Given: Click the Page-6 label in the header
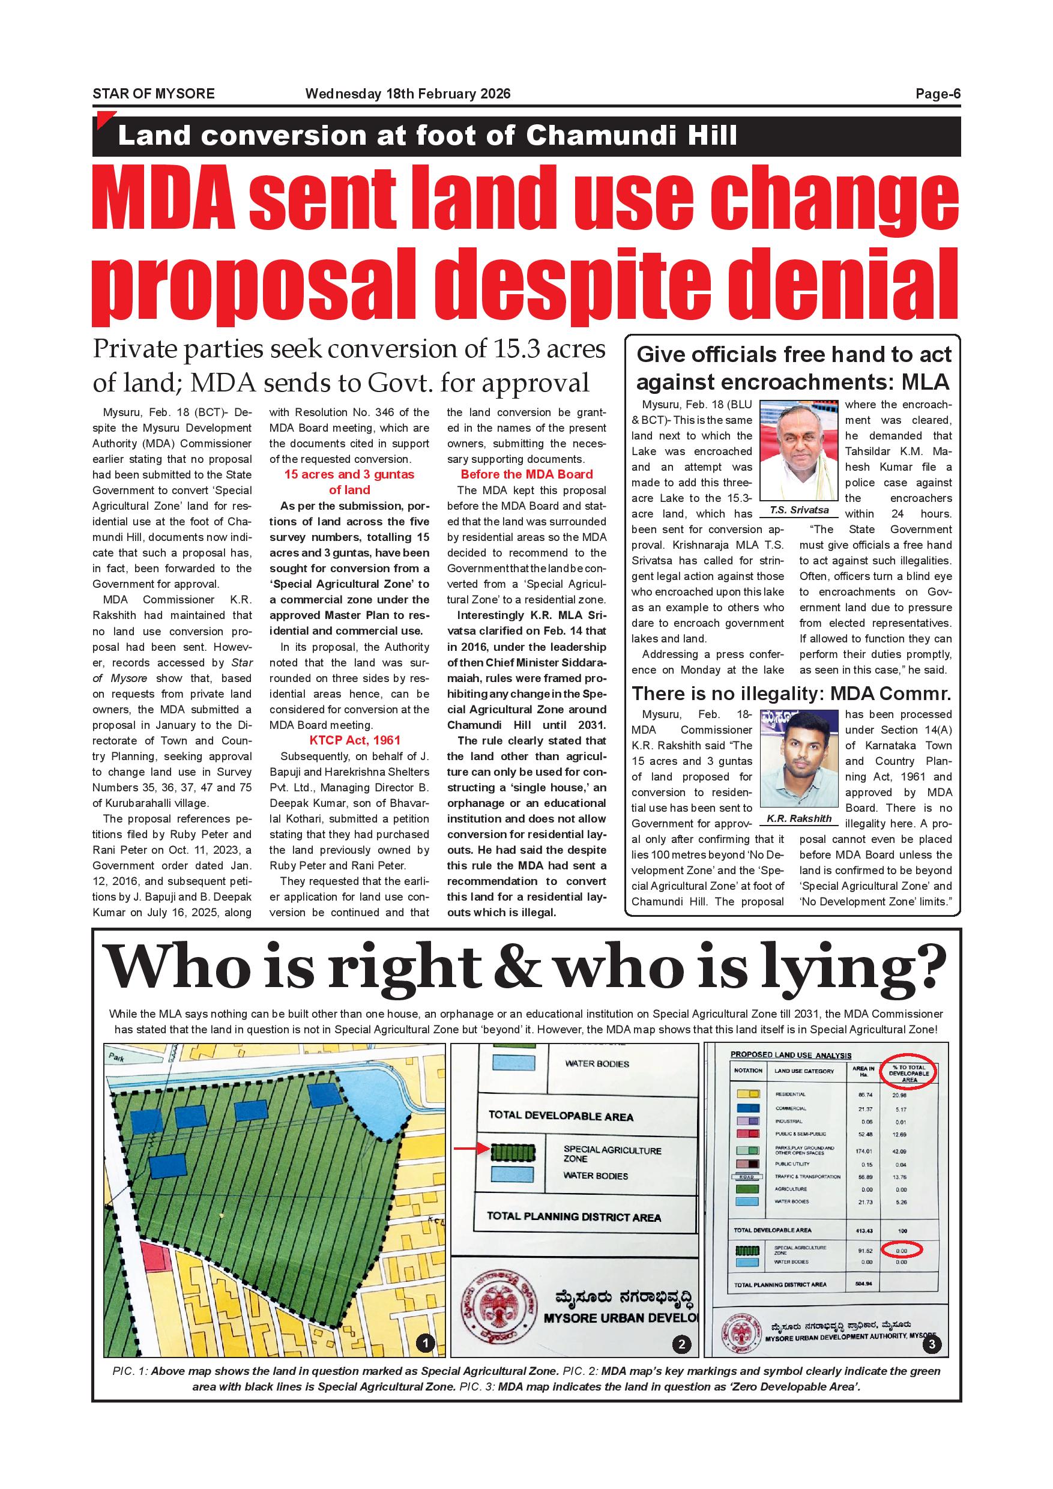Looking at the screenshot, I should pos(937,94).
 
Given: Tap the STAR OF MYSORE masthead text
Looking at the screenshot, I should pos(154,94).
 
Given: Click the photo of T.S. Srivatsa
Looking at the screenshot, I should pos(799,452).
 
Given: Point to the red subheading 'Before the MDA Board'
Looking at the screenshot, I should pos(526,474).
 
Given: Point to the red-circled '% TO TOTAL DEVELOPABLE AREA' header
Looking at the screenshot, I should pos(908,1074).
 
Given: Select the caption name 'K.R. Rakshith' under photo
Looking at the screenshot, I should pos(799,819).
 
